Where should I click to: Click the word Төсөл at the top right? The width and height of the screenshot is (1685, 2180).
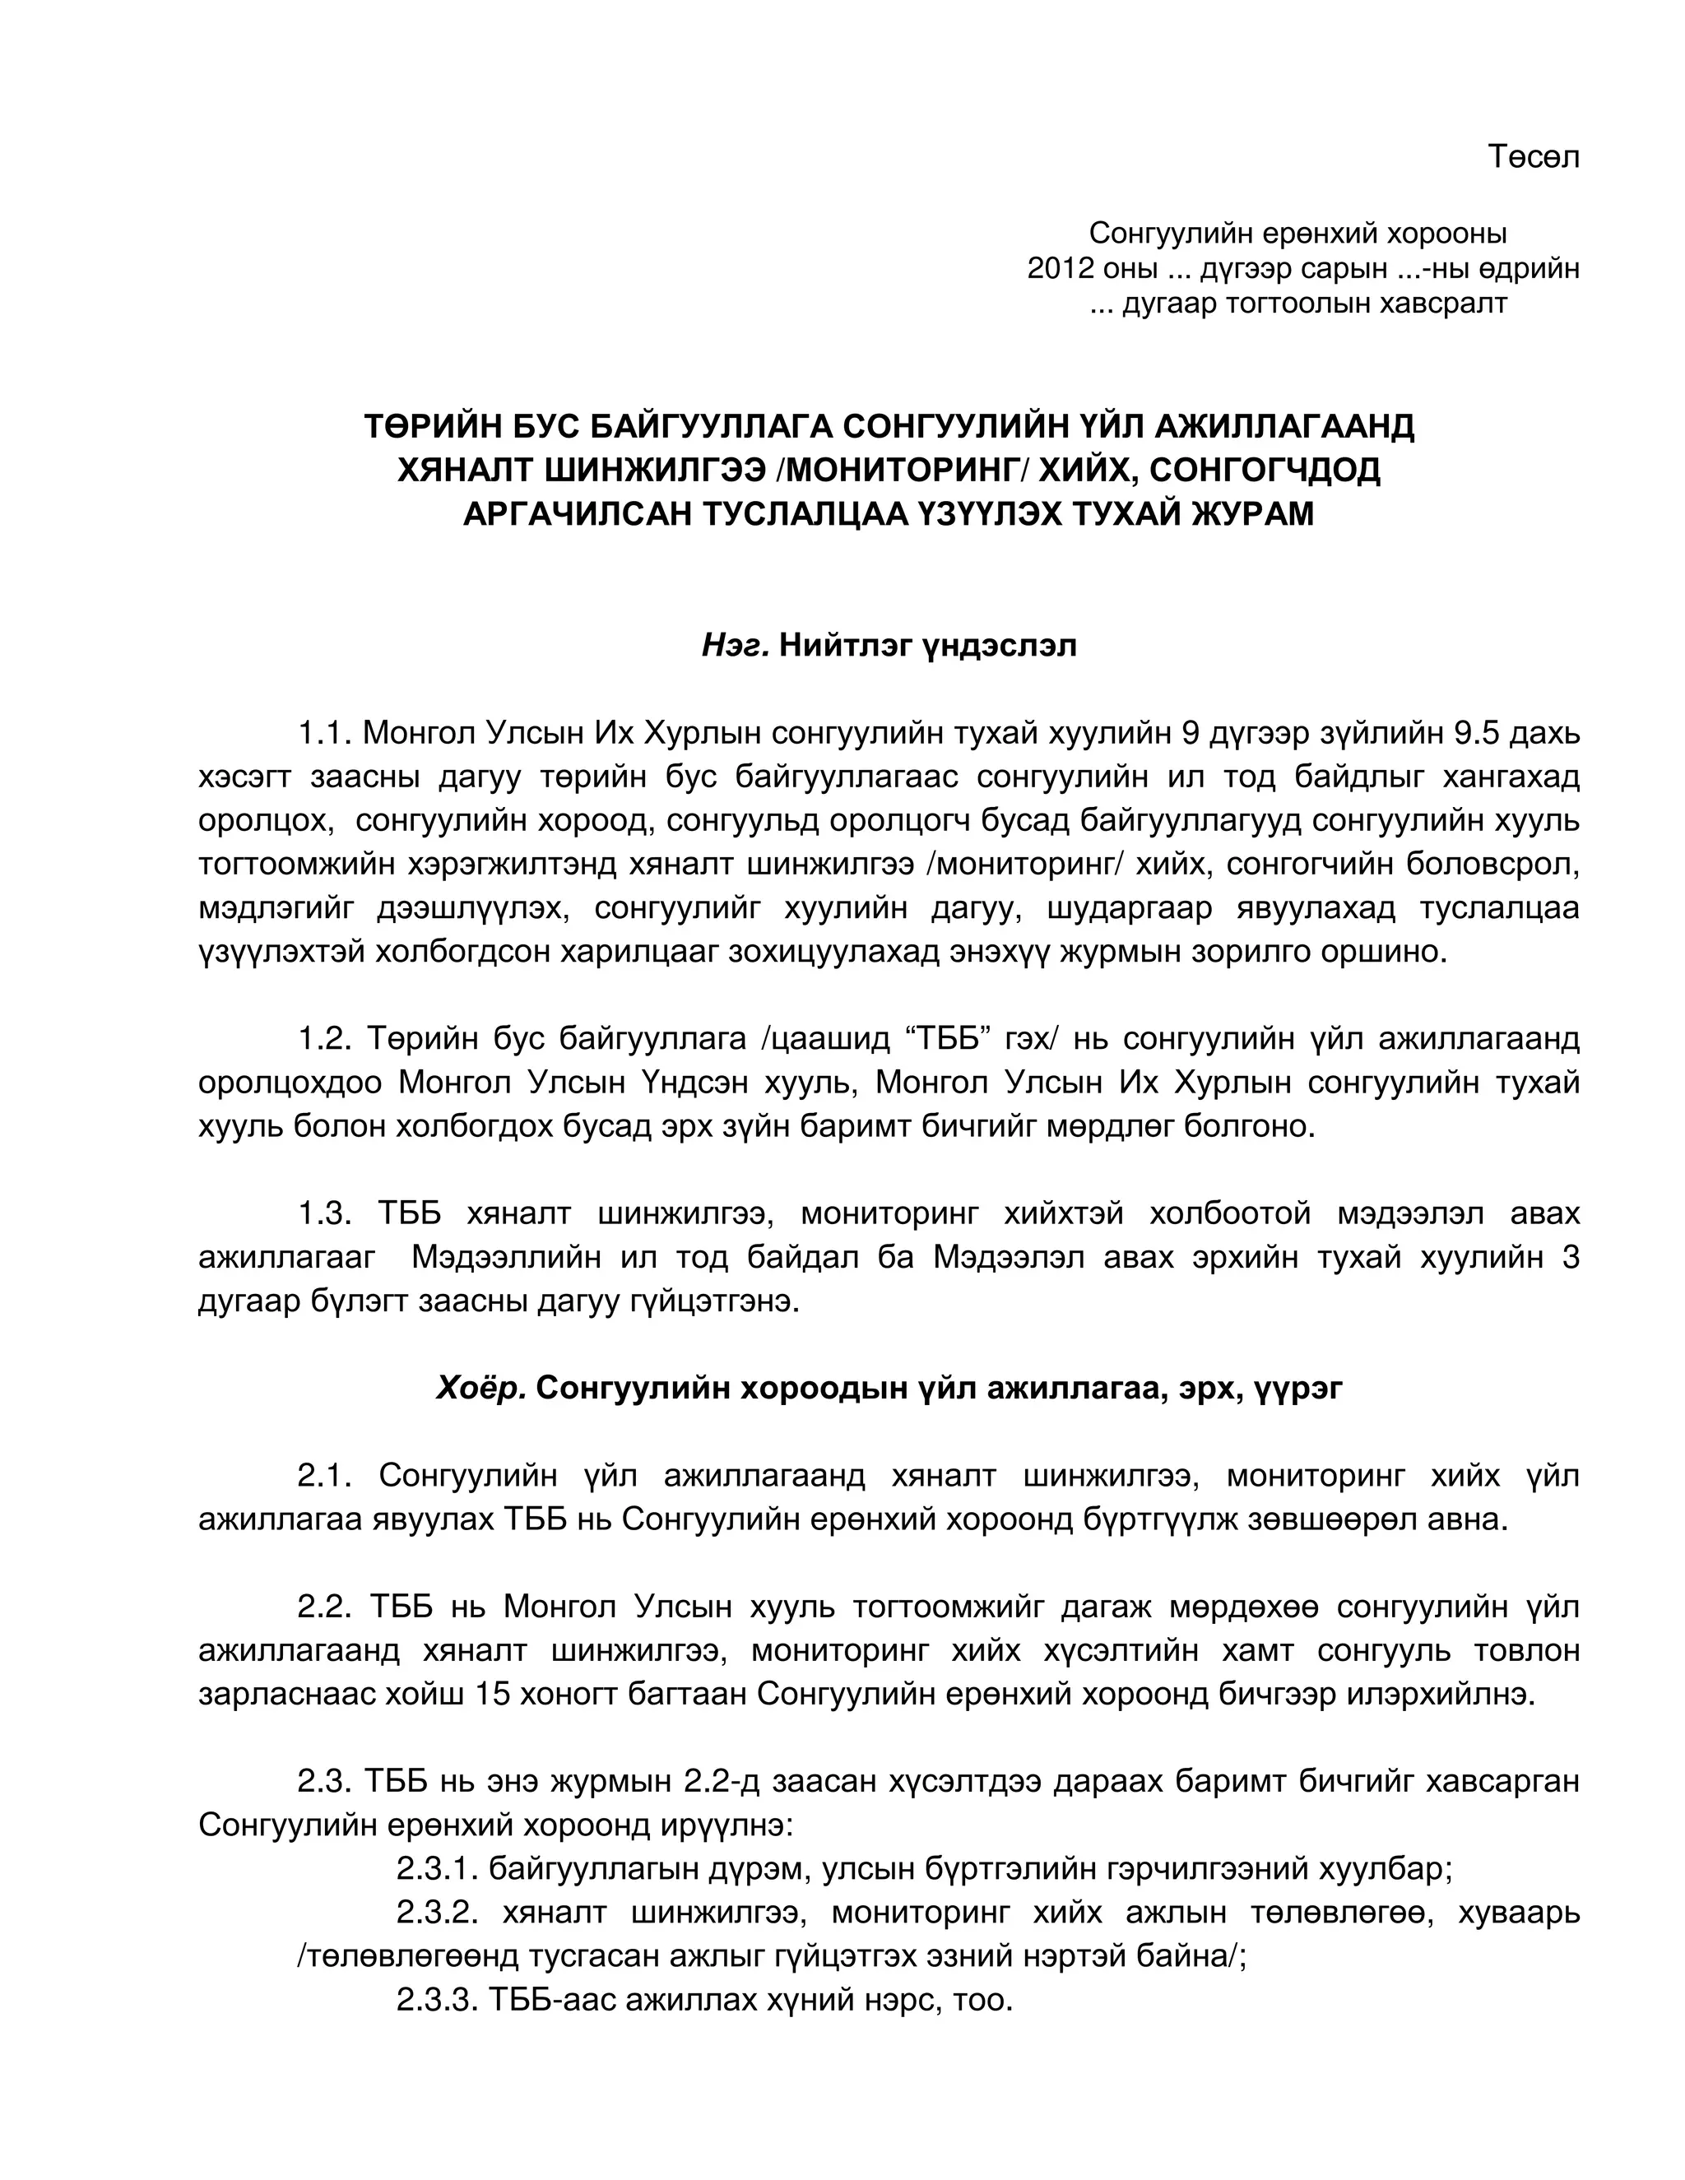[x=1534, y=158]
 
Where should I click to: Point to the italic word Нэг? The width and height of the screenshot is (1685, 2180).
[x=735, y=646]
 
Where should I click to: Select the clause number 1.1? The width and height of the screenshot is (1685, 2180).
[x=326, y=734]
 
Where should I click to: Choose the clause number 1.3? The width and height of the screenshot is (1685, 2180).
[x=326, y=1213]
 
